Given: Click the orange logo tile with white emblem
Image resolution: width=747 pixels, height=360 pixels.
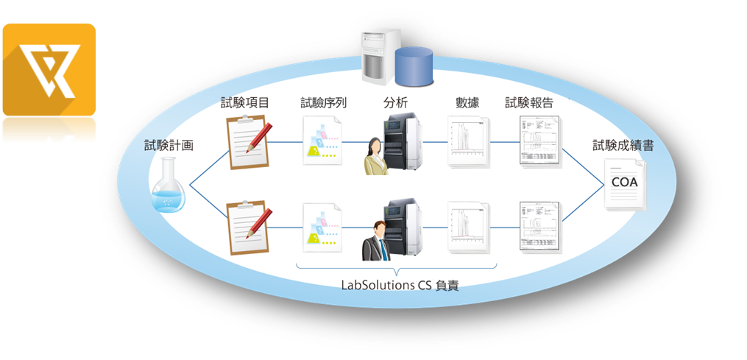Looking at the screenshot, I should (49, 70).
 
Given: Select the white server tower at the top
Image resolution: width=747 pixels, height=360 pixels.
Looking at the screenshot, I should (378, 53).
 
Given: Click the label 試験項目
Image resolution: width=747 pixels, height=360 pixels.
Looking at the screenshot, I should (244, 103).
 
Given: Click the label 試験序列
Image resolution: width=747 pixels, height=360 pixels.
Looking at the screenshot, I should (324, 103).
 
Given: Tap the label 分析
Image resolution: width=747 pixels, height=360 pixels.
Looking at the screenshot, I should (395, 103).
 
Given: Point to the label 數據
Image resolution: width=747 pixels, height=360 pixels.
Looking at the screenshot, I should (467, 103).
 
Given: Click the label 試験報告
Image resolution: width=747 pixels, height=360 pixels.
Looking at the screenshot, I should (529, 103).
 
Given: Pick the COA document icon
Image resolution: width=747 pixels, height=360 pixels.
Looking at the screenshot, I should (624, 185).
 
